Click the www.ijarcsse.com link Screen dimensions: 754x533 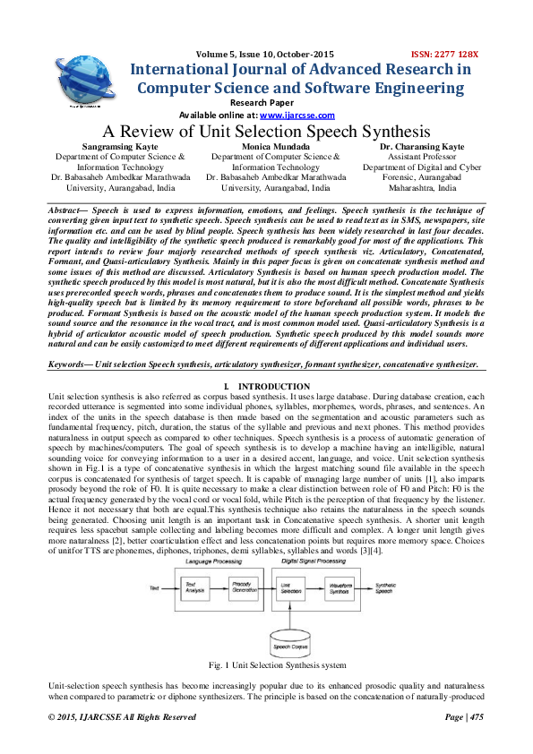coord(297,116)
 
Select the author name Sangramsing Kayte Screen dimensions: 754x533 coord(117,146)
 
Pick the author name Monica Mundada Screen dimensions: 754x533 coord(275,146)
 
